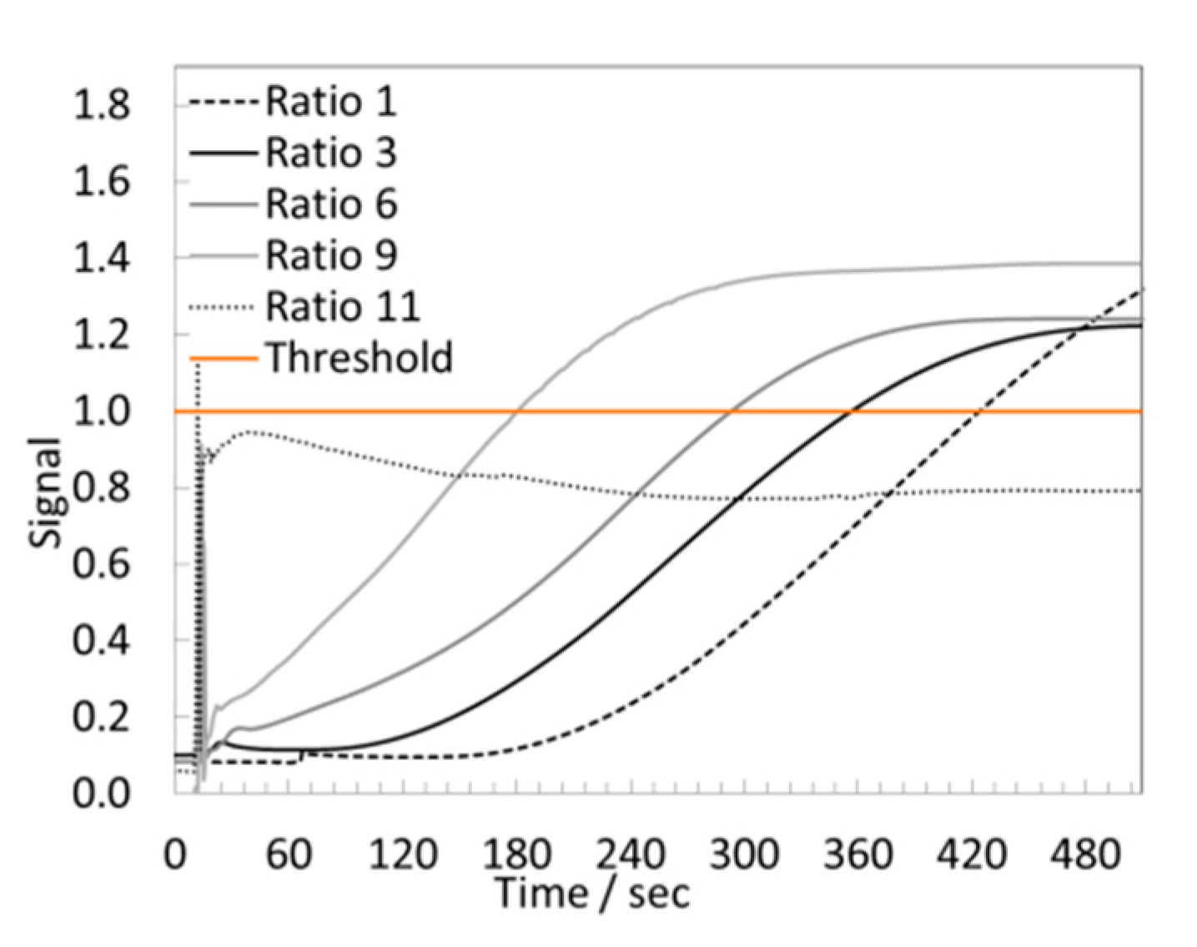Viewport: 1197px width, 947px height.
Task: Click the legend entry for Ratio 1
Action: point(330,102)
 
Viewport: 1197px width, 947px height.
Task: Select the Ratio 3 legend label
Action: point(330,154)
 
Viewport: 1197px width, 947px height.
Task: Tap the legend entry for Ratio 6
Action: point(330,204)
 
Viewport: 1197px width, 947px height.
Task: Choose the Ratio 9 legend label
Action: point(330,255)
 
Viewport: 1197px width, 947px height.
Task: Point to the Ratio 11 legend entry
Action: point(342,307)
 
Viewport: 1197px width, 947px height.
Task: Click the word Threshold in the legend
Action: point(359,358)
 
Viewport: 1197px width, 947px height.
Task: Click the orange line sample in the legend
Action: point(224,359)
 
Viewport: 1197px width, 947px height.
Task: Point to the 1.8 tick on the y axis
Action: point(101,105)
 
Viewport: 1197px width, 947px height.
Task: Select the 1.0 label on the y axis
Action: point(101,411)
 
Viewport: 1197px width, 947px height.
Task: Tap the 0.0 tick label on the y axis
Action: point(101,793)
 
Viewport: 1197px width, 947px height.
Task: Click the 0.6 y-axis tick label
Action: point(101,564)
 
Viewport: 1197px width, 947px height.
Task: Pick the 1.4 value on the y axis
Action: point(101,258)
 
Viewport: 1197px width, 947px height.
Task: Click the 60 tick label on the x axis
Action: point(289,855)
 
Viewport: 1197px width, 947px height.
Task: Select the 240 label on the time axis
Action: point(630,855)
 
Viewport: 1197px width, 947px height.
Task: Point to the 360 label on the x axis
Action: point(858,855)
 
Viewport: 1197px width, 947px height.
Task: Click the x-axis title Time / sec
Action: point(592,894)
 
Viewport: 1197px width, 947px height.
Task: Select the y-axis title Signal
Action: point(45,492)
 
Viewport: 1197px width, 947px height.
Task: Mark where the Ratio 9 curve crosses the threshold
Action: point(518,411)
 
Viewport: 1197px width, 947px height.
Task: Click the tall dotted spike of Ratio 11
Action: point(198,501)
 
